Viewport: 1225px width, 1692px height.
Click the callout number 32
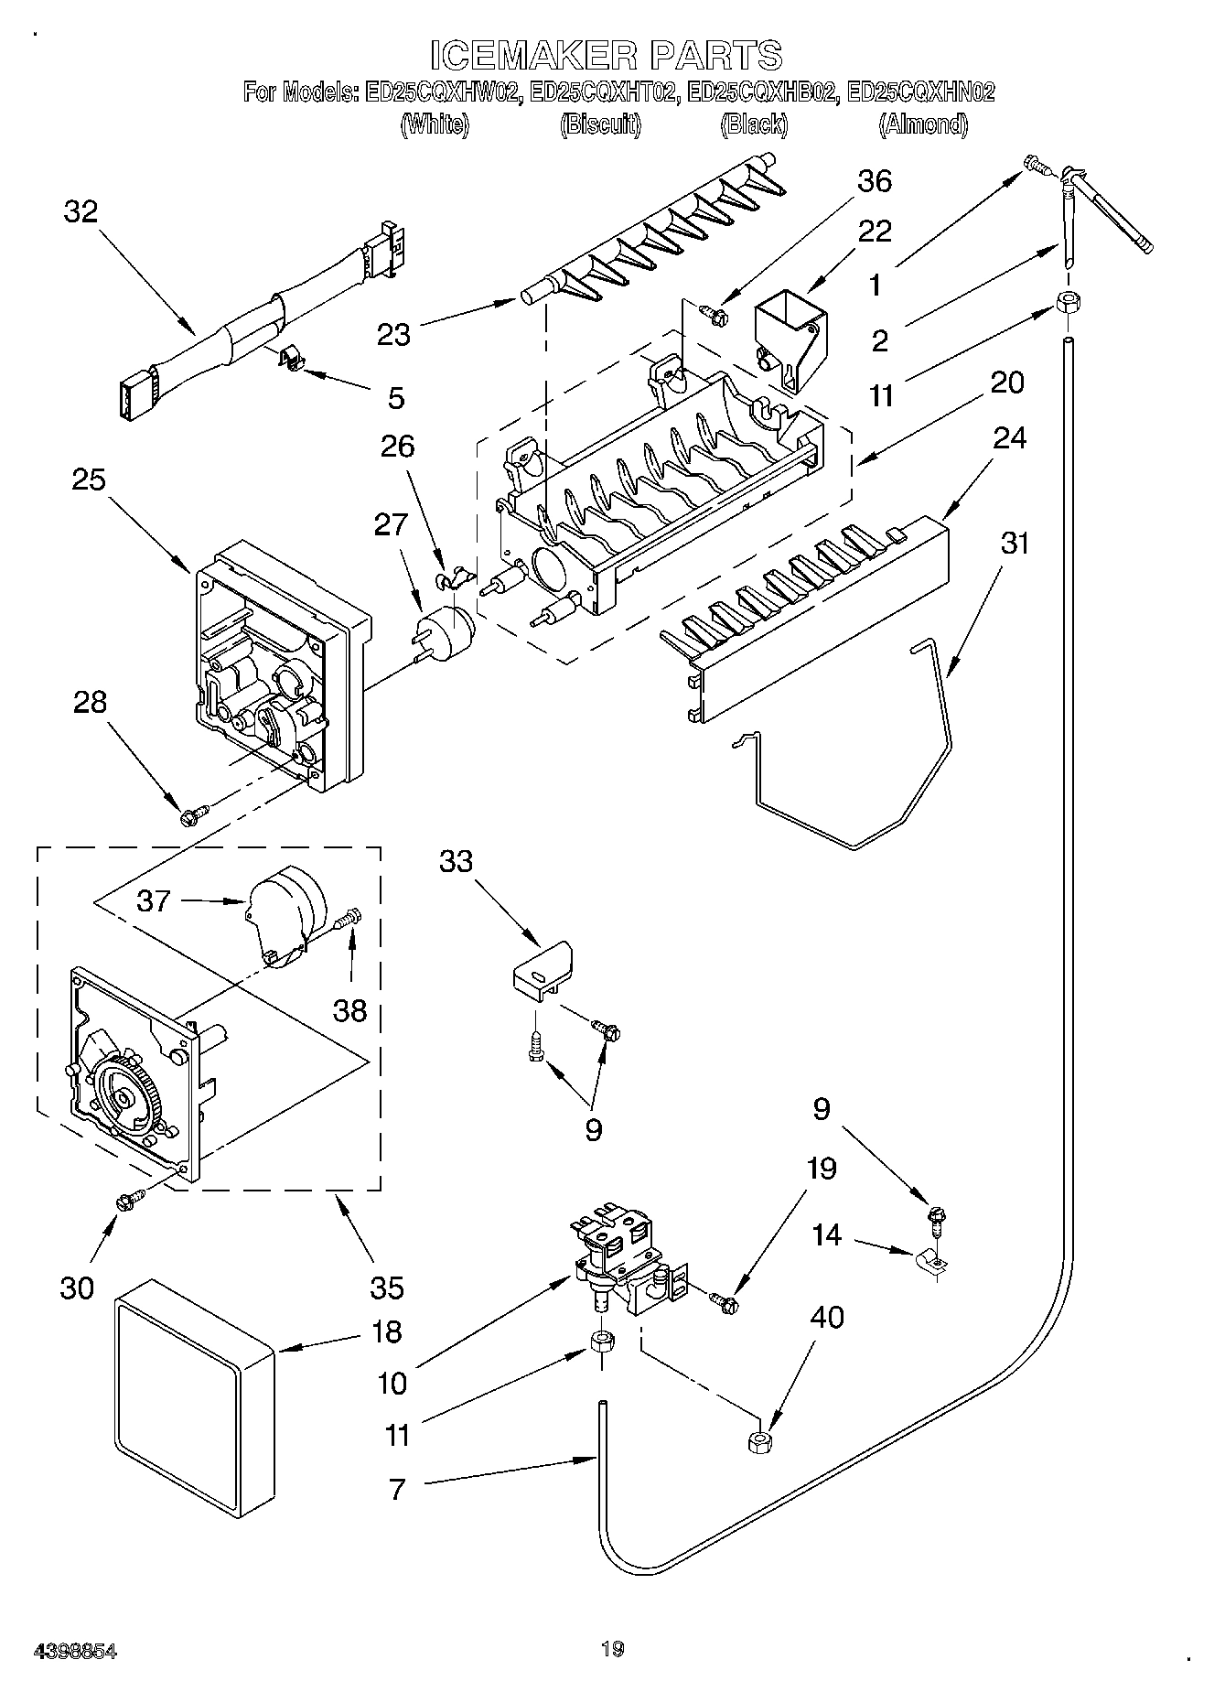coord(81,212)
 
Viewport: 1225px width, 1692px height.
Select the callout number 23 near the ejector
coord(394,335)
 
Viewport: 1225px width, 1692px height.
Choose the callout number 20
coord(1006,382)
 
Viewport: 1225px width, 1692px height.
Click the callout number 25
coord(89,480)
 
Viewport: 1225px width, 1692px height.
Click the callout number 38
coord(349,1010)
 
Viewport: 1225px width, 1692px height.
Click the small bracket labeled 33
coord(543,965)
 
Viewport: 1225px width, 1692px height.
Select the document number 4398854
coord(75,1651)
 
